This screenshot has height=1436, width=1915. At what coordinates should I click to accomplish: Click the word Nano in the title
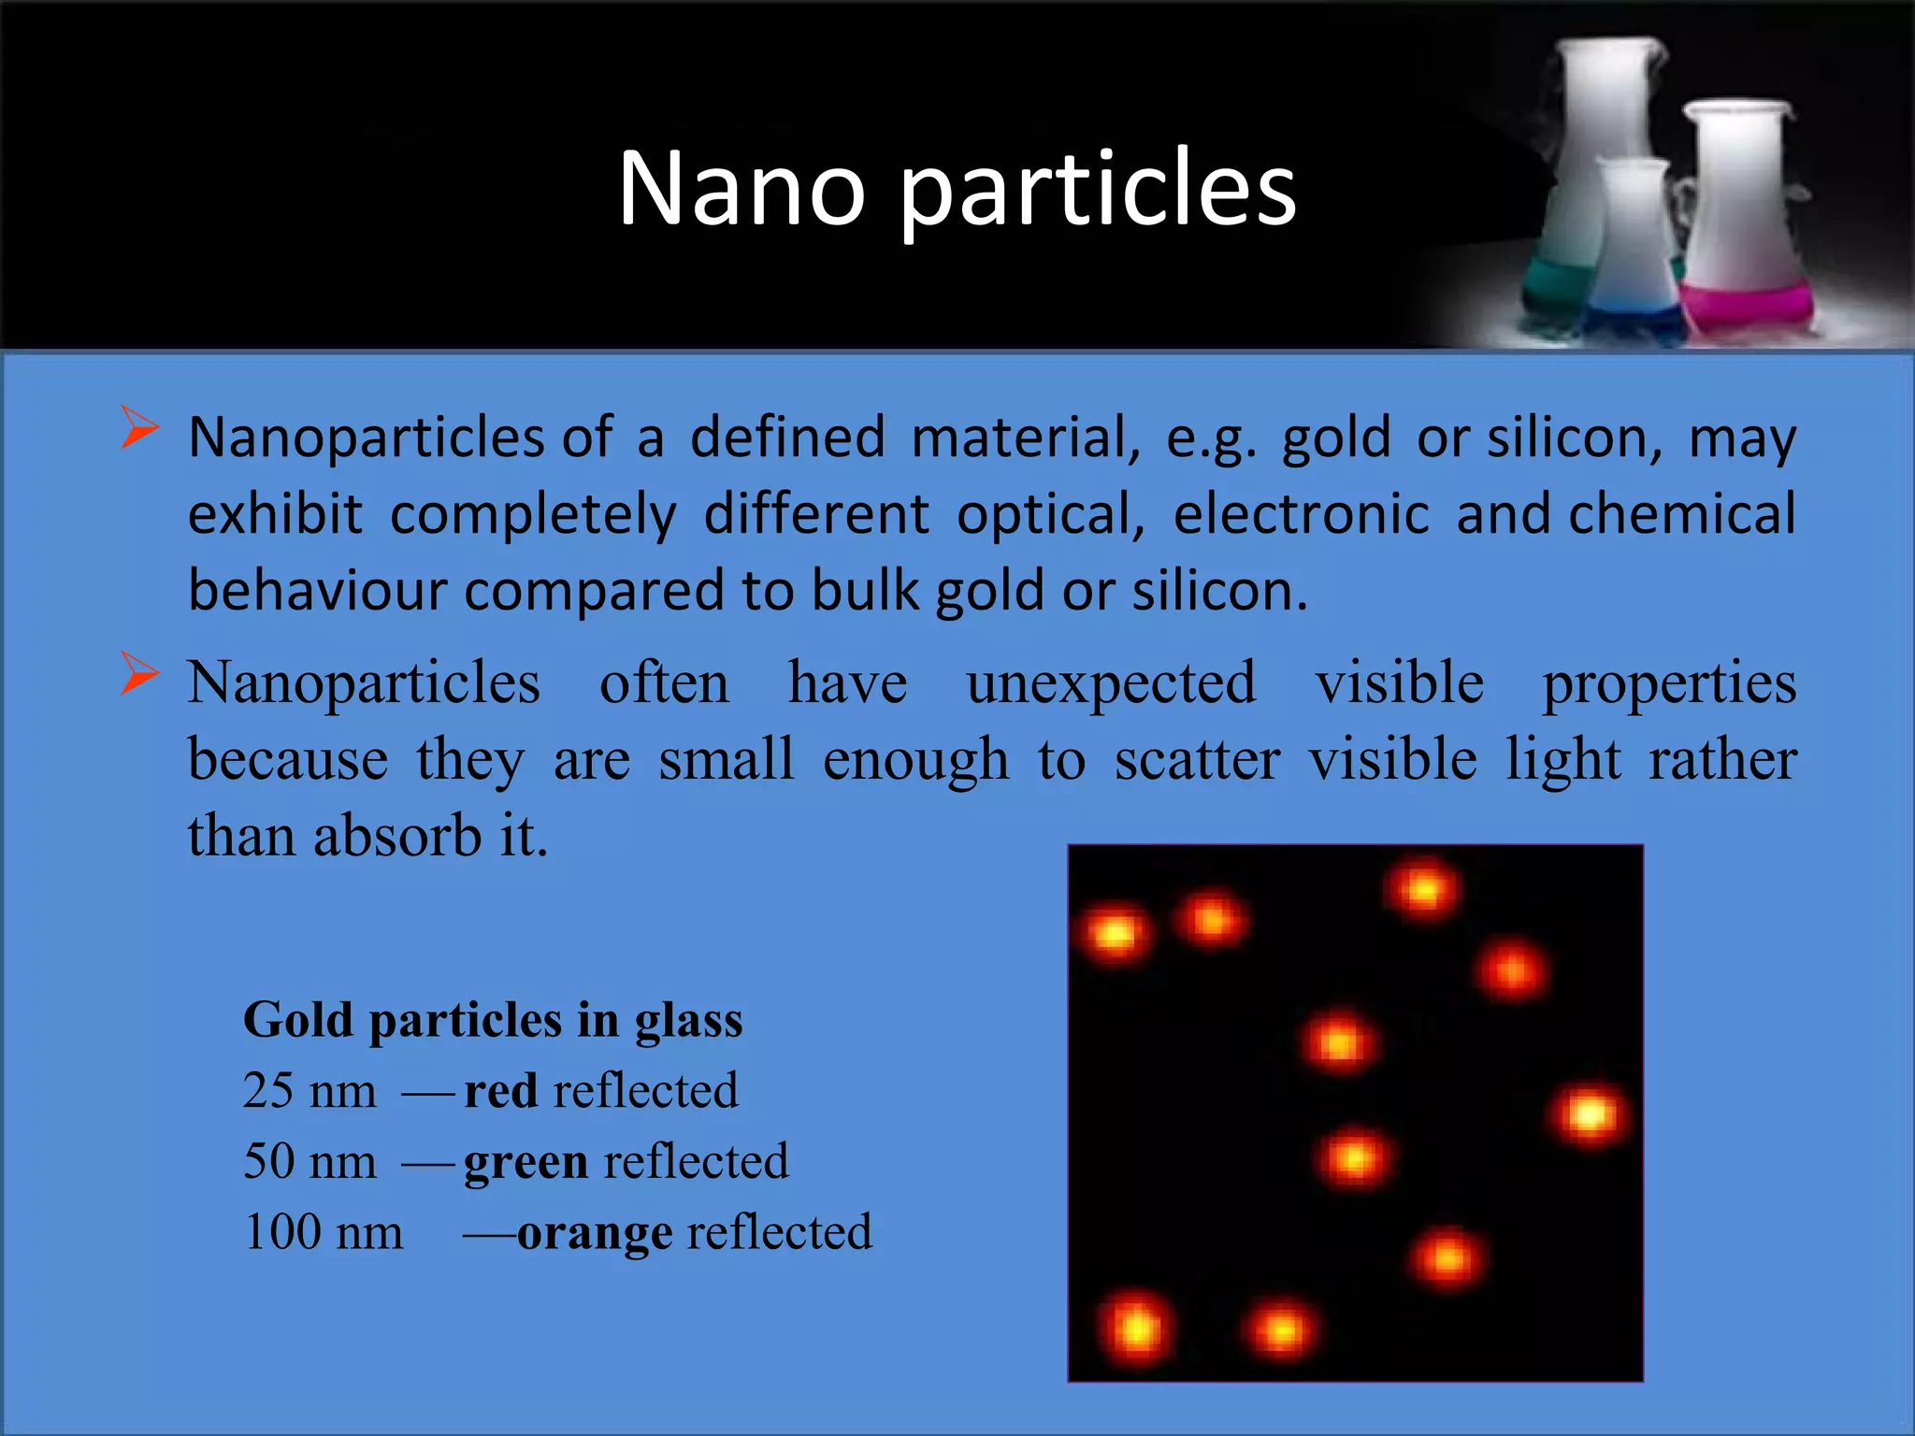742,189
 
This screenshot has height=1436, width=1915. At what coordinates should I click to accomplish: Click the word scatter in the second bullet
1197,759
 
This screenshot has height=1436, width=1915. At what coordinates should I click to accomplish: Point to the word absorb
397,836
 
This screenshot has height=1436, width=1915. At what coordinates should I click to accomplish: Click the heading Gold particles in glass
493,1020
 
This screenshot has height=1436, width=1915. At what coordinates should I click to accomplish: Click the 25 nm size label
310,1091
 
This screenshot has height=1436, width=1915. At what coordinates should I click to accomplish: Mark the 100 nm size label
323,1233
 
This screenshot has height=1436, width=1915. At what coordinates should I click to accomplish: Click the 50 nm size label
310,1162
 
